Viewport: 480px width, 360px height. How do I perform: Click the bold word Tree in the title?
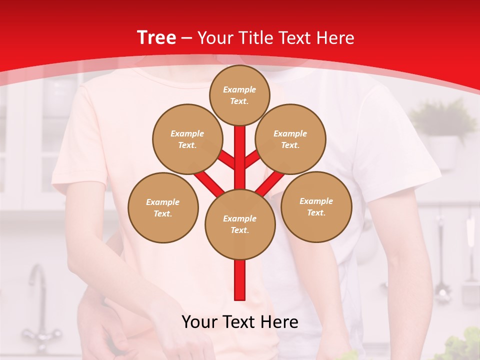tap(156, 38)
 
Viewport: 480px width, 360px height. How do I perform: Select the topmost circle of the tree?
tap(239, 95)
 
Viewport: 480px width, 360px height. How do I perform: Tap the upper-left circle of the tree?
tap(187, 139)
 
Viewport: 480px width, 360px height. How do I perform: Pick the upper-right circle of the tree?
tap(290, 139)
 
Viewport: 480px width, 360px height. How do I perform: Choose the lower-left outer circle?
tap(163, 207)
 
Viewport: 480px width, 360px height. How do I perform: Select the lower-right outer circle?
tap(316, 206)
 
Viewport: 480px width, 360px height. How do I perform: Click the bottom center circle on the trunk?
tap(240, 224)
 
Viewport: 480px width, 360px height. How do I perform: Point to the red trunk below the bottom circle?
tap(240, 280)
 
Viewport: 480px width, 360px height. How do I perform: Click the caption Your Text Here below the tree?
tap(240, 322)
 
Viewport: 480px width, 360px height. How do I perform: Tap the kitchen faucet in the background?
tap(37, 300)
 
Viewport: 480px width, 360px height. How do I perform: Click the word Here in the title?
tap(335, 38)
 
